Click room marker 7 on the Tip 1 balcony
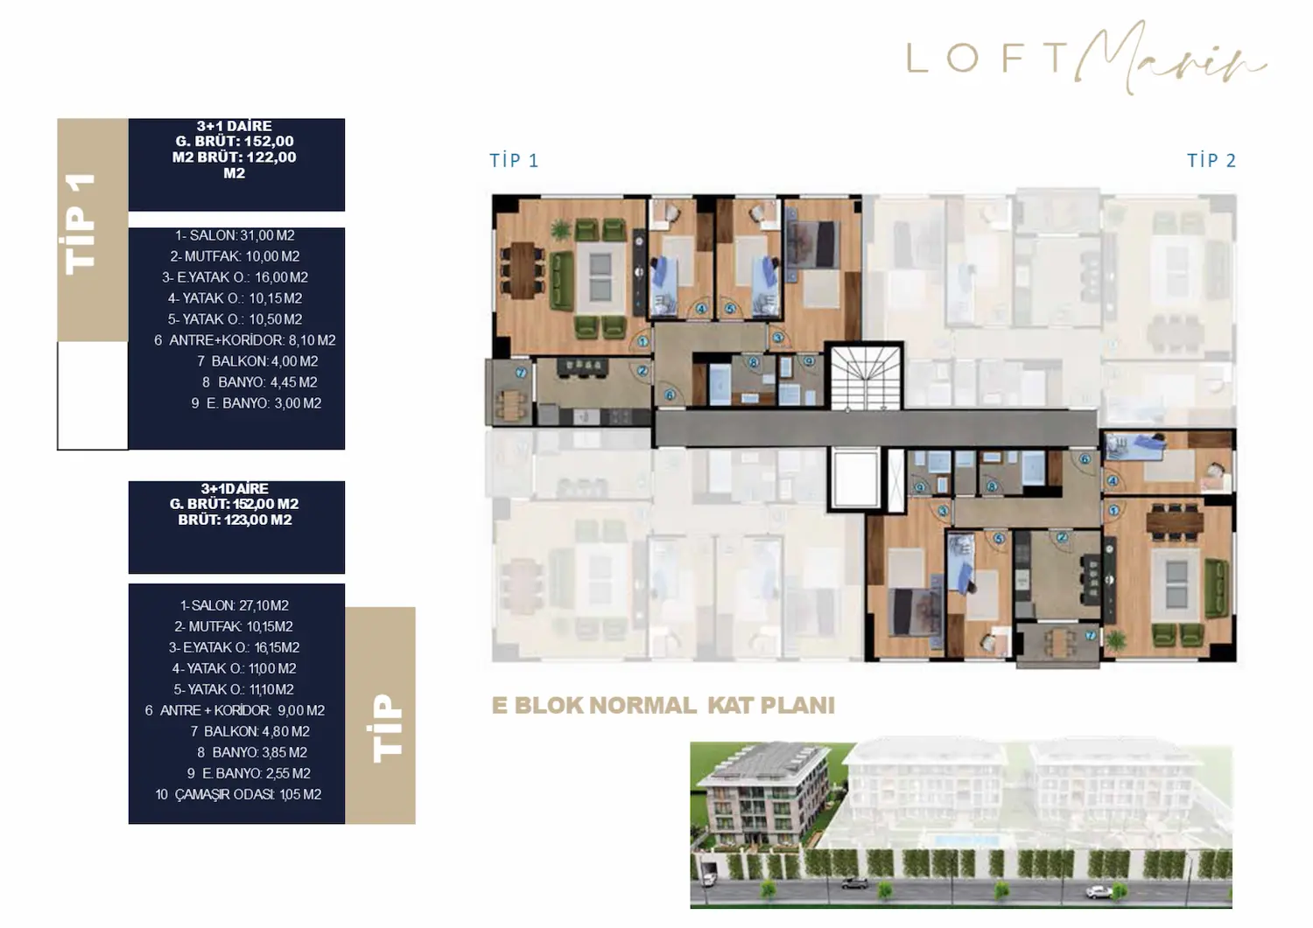pyautogui.click(x=521, y=373)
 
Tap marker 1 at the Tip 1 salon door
pyautogui.click(x=642, y=342)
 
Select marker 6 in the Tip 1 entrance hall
pyautogui.click(x=670, y=395)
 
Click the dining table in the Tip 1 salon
pyautogui.click(x=523, y=269)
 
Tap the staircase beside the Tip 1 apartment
pyautogui.click(x=864, y=375)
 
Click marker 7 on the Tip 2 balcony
pyautogui.click(x=1090, y=636)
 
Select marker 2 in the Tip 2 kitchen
pyautogui.click(x=1061, y=538)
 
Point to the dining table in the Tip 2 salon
pyautogui.click(x=1175, y=520)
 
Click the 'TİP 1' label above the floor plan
pyautogui.click(x=514, y=160)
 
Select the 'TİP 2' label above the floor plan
pyautogui.click(x=1211, y=160)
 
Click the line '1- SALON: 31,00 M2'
pyautogui.click(x=235, y=235)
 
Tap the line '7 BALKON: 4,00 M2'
pyautogui.click(x=257, y=361)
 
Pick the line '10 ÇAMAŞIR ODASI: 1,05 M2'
pyautogui.click(x=238, y=794)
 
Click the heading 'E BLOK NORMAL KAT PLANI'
pyautogui.click(x=664, y=706)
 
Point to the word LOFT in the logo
pyautogui.click(x=987, y=59)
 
